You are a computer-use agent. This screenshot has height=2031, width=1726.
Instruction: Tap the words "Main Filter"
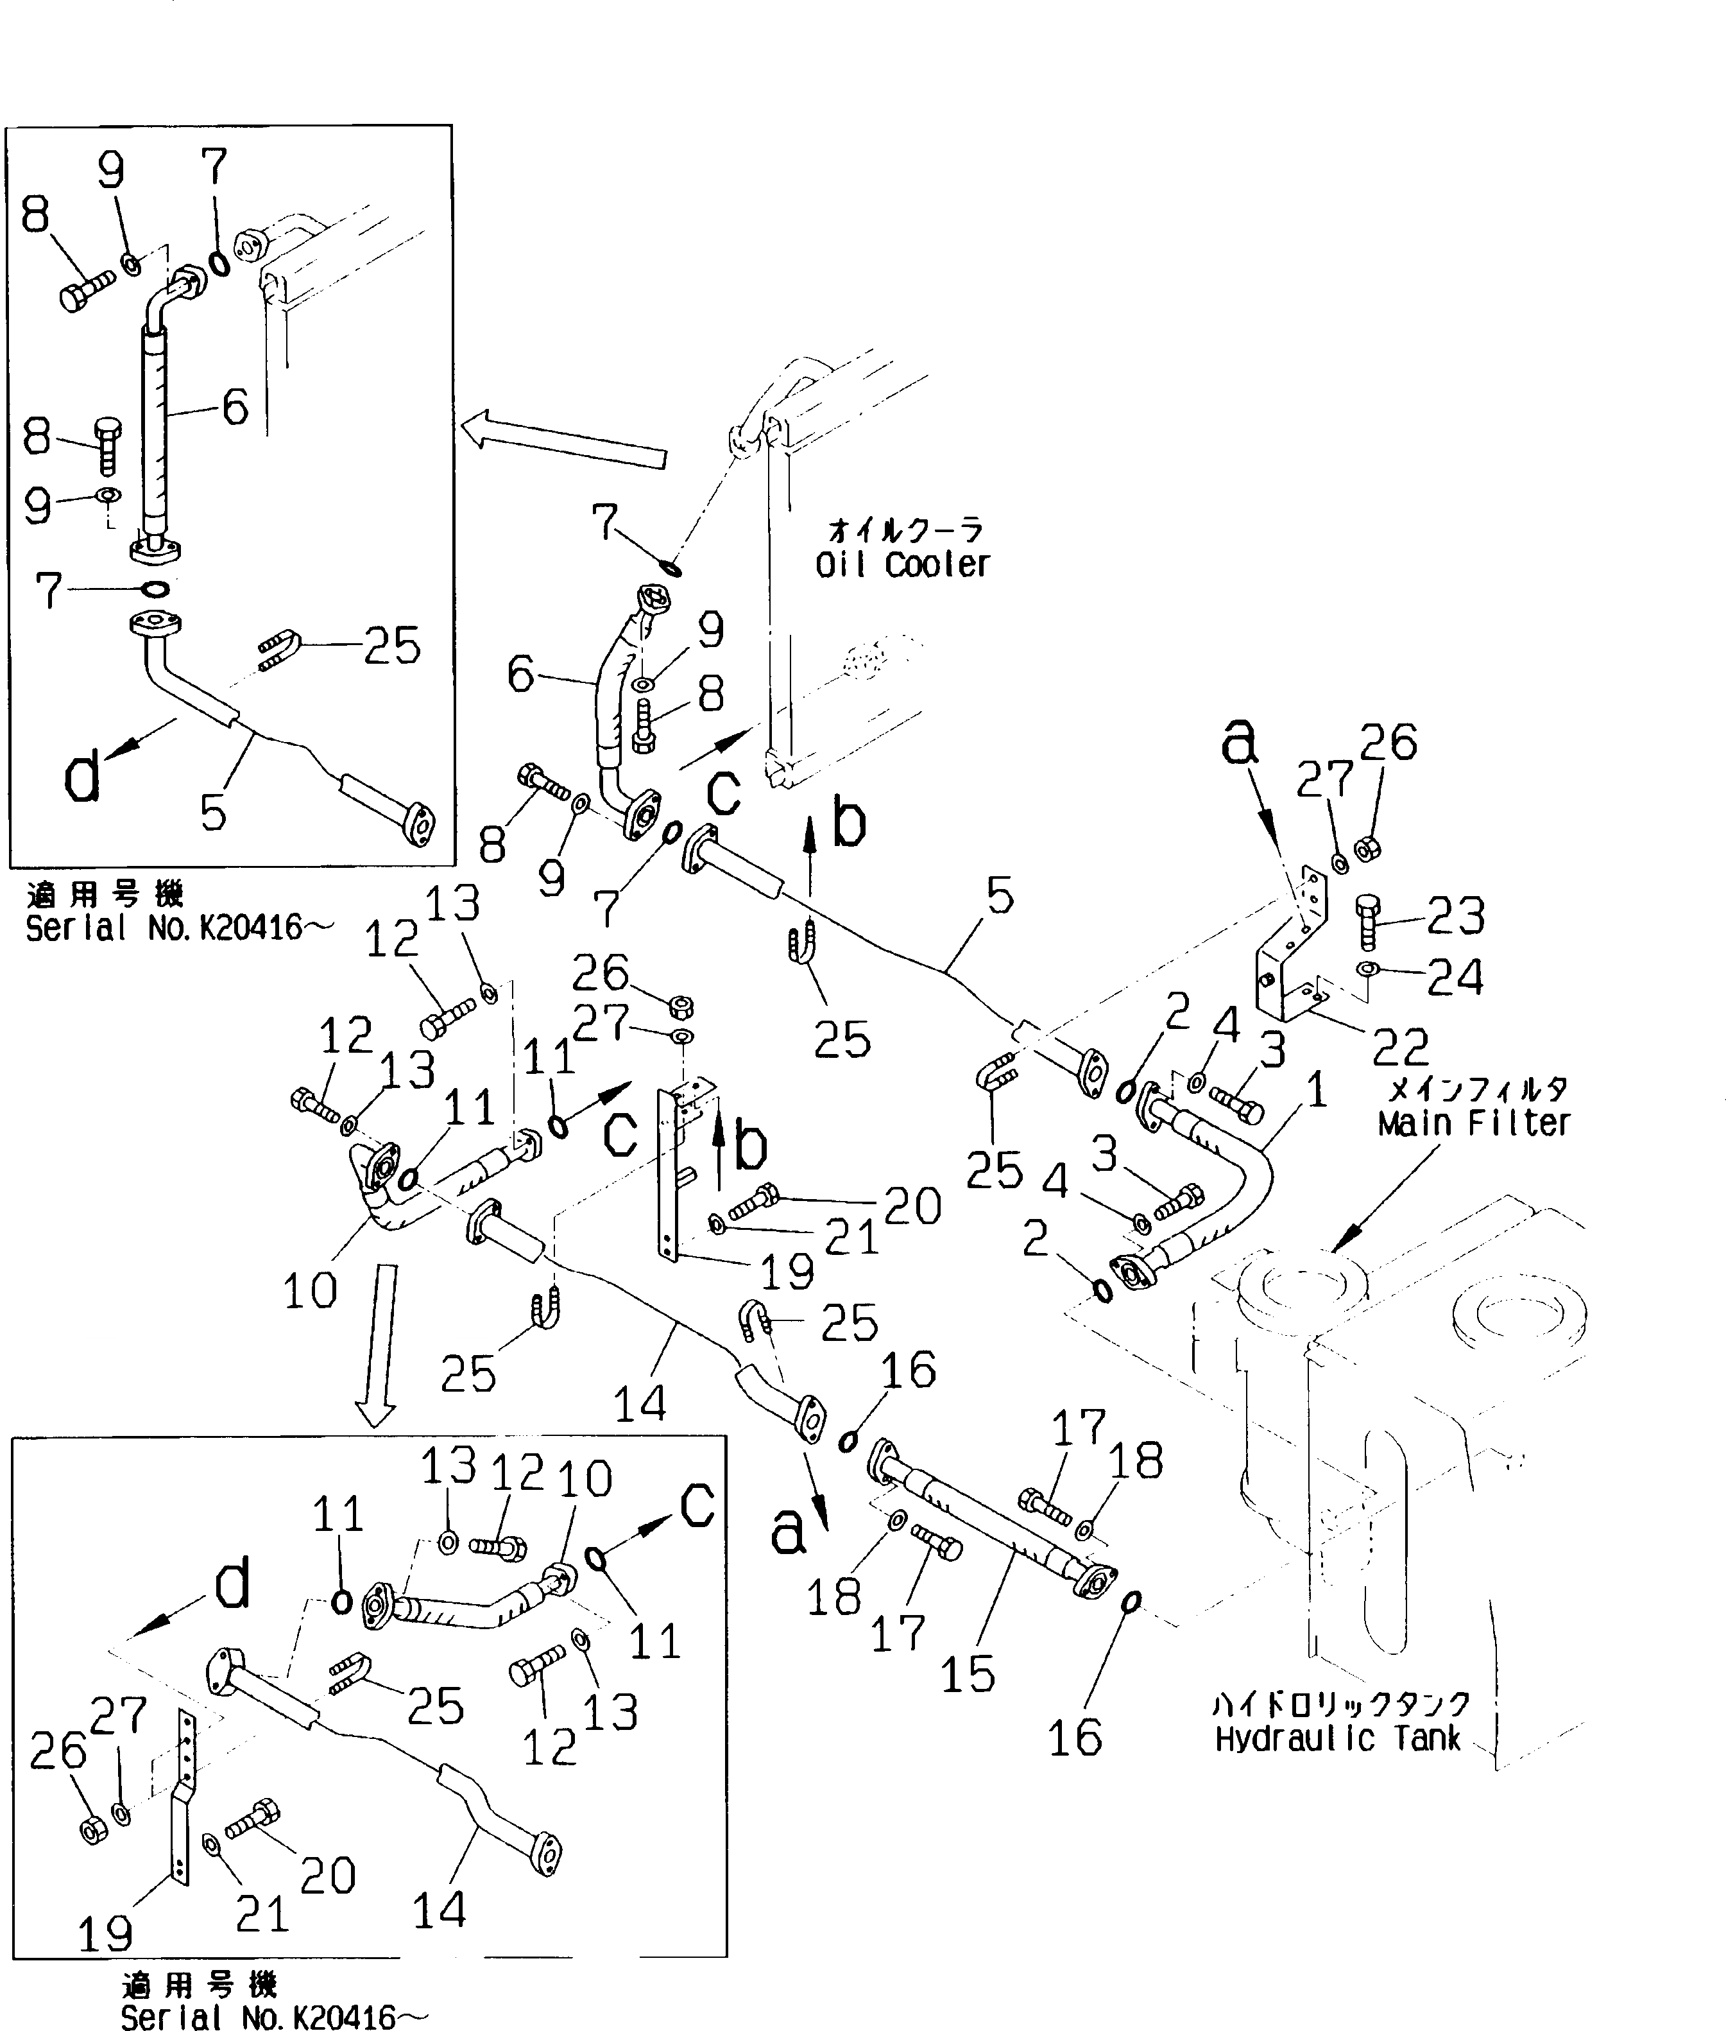coord(1474,1123)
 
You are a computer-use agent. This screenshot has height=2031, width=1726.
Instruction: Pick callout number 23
coord(1455,915)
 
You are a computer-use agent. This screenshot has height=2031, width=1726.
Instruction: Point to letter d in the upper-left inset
coord(81,777)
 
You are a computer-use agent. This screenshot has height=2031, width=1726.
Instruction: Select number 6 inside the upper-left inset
coord(235,407)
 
